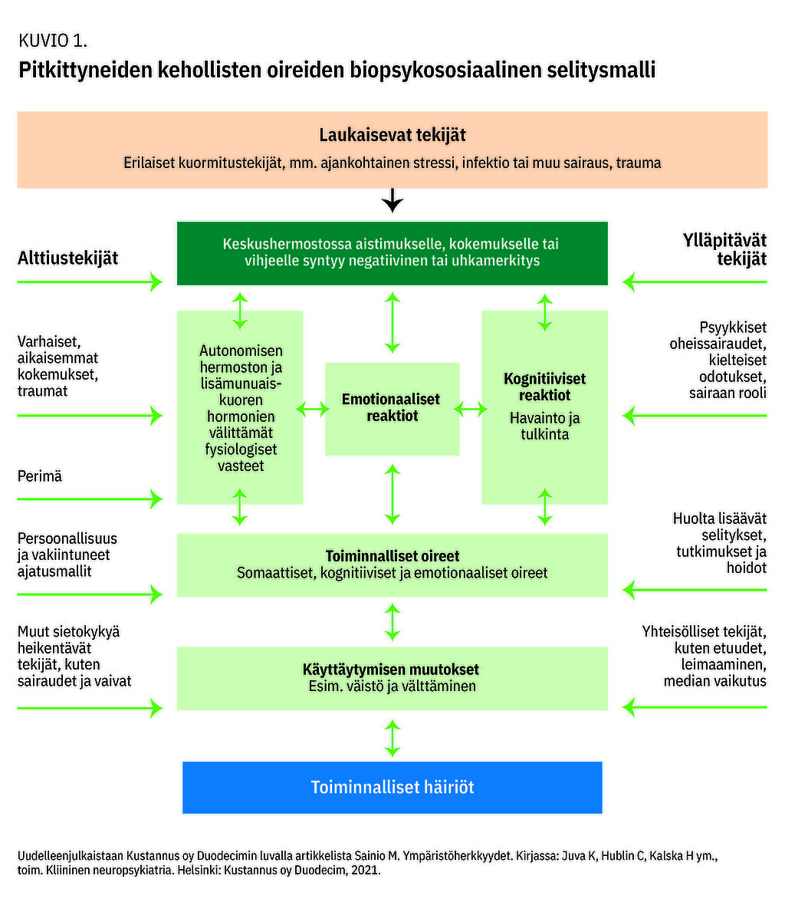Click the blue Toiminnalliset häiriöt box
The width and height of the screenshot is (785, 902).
point(392,787)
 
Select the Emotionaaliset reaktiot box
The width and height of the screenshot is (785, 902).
point(392,408)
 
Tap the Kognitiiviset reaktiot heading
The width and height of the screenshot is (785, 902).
point(544,387)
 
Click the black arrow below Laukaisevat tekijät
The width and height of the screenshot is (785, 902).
point(392,201)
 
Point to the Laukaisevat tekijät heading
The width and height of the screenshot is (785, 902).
point(392,135)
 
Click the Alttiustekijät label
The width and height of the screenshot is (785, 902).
point(68,258)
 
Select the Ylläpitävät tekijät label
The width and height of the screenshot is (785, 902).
point(724,249)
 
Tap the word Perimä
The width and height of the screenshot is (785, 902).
point(40,476)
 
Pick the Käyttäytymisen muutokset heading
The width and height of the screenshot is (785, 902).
point(391,670)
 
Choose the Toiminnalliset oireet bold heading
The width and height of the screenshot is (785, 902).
point(392,556)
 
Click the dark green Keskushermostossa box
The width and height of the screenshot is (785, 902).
point(392,252)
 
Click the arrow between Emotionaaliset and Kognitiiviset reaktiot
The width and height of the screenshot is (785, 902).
point(471,409)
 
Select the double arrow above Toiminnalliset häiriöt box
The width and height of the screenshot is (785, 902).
point(392,739)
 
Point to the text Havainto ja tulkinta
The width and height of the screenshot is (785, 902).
point(544,426)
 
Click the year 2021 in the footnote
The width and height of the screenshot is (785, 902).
point(365,871)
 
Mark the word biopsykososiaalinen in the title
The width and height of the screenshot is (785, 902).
point(444,71)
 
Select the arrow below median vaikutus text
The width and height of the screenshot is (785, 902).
point(695,706)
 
